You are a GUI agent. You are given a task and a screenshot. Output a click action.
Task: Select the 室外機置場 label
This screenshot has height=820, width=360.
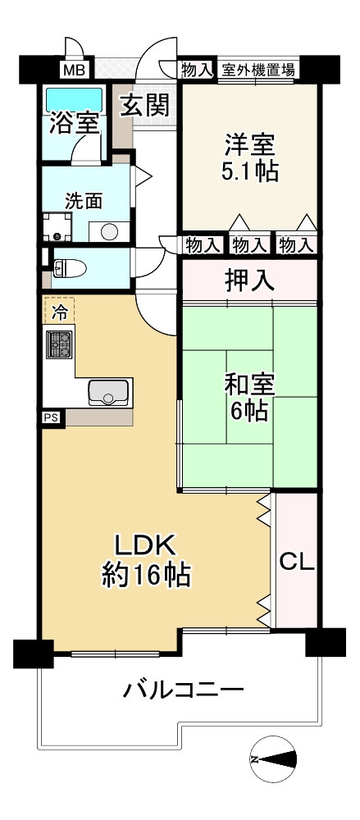pyautogui.click(x=257, y=70)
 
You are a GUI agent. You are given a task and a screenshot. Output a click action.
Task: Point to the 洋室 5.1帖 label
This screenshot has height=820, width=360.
pyautogui.click(x=249, y=157)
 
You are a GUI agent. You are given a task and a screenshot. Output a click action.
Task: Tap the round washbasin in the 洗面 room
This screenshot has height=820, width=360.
pyautogui.click(x=109, y=231)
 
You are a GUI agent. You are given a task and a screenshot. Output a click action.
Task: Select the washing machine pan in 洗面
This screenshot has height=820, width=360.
pyautogui.click(x=57, y=227)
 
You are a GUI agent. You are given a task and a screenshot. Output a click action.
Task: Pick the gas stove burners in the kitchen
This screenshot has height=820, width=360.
pyautogui.click(x=60, y=345)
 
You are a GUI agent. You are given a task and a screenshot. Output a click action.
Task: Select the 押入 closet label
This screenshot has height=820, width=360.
pyautogui.click(x=249, y=280)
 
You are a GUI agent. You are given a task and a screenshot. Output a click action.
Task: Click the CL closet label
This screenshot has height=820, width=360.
pyautogui.click(x=297, y=562)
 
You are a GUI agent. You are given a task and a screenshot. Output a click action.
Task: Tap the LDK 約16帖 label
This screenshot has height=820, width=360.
pyautogui.click(x=145, y=561)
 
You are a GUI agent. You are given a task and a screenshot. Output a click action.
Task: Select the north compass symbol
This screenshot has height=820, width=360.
pyautogui.click(x=273, y=758)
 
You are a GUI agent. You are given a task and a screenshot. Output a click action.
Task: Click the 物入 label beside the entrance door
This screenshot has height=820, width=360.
pyautogui.click(x=197, y=70)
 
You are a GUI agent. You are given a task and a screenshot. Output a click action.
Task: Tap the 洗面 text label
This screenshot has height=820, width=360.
pyautogui.click(x=84, y=201)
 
